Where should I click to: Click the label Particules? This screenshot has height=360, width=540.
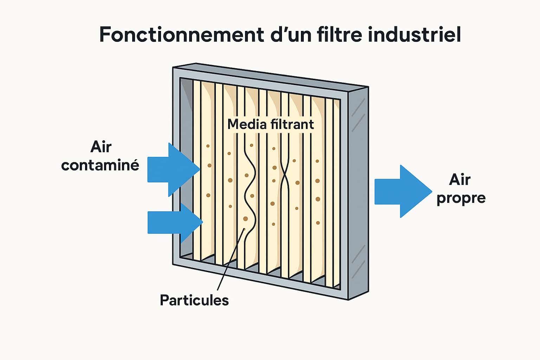tap(194, 301)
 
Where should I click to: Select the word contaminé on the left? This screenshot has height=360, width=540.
tap(100, 165)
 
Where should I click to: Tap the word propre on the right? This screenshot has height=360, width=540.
tap(461, 198)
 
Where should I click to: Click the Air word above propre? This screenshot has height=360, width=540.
tap(460, 180)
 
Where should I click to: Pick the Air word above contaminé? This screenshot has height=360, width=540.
tap(101, 147)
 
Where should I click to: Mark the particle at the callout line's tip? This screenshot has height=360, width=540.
tap(245, 219)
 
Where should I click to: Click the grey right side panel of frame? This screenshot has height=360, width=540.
tap(358, 193)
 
